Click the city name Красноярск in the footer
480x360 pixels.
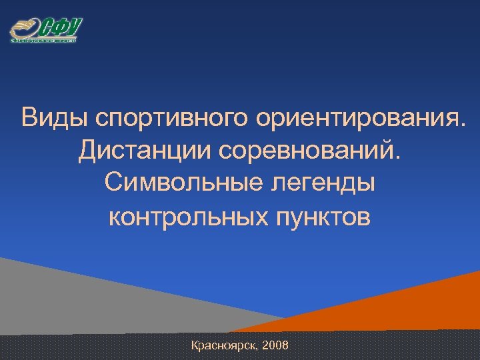pos(224,346)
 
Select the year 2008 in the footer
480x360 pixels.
pos(276,345)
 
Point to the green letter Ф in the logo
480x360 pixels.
pos(59,28)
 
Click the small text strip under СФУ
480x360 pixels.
pos(44,41)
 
